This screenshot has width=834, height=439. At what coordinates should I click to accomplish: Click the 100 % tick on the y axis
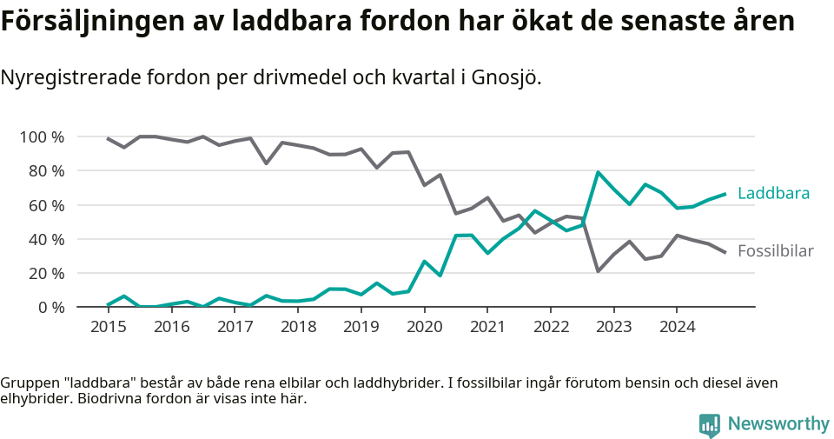click(x=41, y=137)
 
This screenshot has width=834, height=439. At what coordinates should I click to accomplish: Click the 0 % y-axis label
click(x=49, y=307)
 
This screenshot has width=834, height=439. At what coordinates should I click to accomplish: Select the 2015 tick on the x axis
click(x=108, y=327)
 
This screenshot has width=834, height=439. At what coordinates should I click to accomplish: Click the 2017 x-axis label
click(x=235, y=327)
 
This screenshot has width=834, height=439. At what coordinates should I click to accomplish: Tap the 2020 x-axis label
click(x=424, y=327)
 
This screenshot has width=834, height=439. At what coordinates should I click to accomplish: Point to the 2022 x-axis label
click(x=551, y=327)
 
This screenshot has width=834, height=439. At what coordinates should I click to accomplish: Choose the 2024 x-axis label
click(x=678, y=327)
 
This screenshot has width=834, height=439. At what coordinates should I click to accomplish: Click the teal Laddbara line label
click(x=773, y=193)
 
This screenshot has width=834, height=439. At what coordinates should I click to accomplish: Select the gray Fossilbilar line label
click(x=775, y=251)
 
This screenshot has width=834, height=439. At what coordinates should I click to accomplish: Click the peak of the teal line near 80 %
click(x=598, y=172)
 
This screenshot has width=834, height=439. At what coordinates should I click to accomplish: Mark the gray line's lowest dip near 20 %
click(x=598, y=270)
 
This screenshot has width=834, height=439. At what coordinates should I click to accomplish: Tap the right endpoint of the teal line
click(x=725, y=194)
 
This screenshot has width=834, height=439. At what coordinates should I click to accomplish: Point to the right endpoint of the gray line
click(x=725, y=252)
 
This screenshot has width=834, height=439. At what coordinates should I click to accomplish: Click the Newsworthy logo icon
click(x=710, y=424)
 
